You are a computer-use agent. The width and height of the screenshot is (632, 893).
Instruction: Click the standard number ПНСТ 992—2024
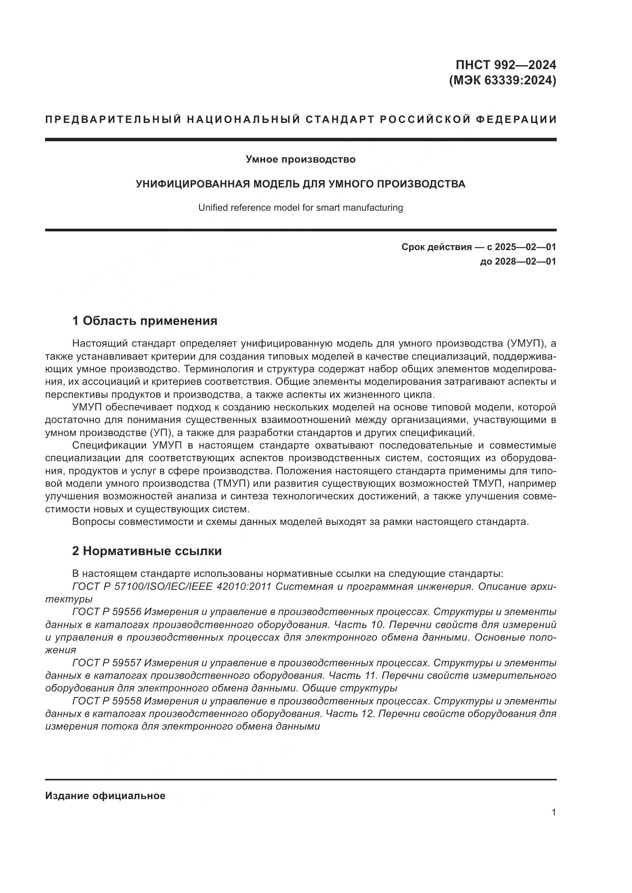pos(506,65)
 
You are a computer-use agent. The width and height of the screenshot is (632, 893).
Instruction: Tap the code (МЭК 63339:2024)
pos(502,81)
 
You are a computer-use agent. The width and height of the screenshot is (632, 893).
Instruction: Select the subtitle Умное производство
pos(300,160)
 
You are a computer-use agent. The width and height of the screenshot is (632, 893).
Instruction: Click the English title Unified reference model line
pos(300,208)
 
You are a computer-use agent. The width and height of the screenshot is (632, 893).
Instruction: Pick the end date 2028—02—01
pos(525,262)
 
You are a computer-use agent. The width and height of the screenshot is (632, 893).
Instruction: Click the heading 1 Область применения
pos(144,321)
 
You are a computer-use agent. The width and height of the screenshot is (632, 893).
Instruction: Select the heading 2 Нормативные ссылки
pos(147,551)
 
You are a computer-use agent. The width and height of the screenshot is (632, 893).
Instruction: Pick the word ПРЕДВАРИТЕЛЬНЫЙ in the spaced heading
pos(113,119)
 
